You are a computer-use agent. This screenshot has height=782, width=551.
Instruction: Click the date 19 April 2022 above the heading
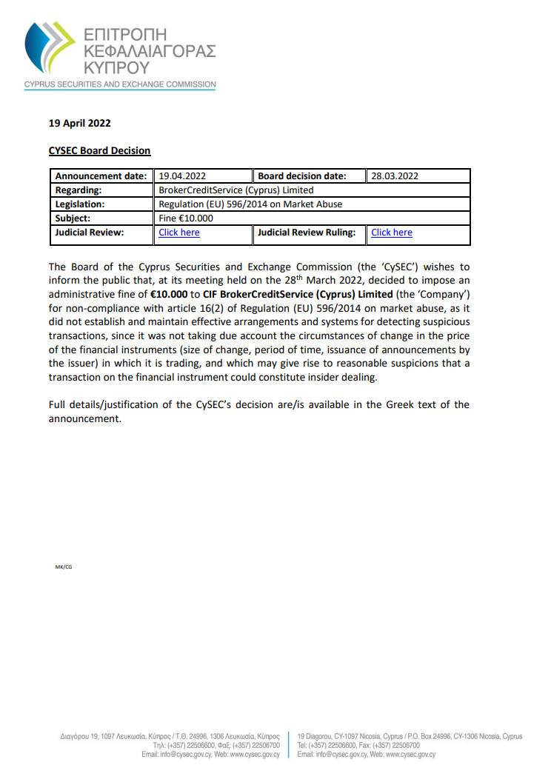point(80,123)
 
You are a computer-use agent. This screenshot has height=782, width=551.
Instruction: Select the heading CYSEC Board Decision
point(99,150)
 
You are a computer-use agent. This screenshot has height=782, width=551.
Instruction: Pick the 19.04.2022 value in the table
point(182,176)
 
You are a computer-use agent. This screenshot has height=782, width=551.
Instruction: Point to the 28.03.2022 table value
point(395,176)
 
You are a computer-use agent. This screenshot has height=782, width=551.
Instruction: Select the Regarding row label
point(78,190)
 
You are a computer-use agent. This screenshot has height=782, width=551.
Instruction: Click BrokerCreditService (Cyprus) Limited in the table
point(236,190)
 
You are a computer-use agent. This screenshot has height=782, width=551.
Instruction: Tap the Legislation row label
point(80,204)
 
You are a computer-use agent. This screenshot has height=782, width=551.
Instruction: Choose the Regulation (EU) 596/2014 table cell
point(250,204)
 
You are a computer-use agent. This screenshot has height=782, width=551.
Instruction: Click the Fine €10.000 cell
point(186,218)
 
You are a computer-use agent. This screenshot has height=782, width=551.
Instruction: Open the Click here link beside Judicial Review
point(179,233)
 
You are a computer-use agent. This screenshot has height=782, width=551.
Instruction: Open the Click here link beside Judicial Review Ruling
point(392,233)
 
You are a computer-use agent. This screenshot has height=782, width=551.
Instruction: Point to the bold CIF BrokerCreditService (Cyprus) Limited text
point(298,294)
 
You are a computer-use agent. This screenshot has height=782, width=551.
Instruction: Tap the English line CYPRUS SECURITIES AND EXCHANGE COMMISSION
point(120,84)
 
